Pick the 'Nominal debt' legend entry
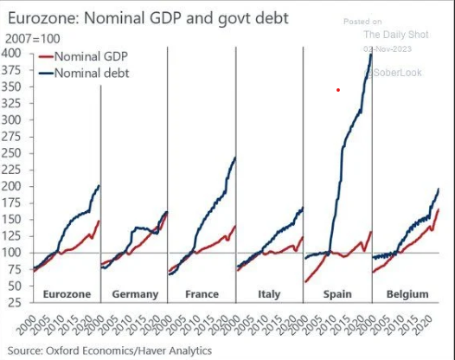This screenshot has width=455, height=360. (90, 73)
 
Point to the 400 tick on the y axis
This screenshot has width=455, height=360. (14, 54)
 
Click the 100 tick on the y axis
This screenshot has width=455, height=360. (14, 253)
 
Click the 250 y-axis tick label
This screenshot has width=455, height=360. (14, 153)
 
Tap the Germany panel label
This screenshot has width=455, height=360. (135, 294)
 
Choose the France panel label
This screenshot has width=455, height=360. (202, 294)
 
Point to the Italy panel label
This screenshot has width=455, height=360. (269, 294)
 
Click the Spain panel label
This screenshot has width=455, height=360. (337, 294)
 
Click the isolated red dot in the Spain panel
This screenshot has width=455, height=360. (338, 89)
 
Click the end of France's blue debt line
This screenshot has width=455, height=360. (234, 157)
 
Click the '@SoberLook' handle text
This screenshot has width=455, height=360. (394, 73)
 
